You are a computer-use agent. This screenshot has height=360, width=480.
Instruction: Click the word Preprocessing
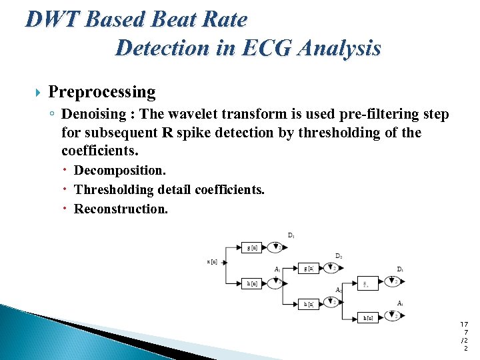(102, 92)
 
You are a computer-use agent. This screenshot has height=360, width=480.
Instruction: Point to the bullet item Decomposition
(119, 171)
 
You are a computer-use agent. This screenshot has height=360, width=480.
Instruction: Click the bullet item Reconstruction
(121, 209)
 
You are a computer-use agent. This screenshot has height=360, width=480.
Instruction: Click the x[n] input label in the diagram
(212, 261)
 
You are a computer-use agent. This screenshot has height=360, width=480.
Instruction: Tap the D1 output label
(291, 235)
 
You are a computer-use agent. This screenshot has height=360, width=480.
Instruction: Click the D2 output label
(339, 256)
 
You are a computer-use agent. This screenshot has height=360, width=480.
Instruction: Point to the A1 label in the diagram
(277, 269)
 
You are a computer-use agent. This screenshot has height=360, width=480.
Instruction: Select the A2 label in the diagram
(339, 290)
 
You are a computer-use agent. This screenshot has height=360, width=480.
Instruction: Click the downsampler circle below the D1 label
(276, 248)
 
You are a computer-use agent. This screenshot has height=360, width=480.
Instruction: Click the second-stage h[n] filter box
(309, 304)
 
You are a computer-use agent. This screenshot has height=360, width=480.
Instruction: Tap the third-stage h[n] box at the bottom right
(368, 318)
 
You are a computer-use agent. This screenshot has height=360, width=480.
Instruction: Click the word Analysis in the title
(340, 48)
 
